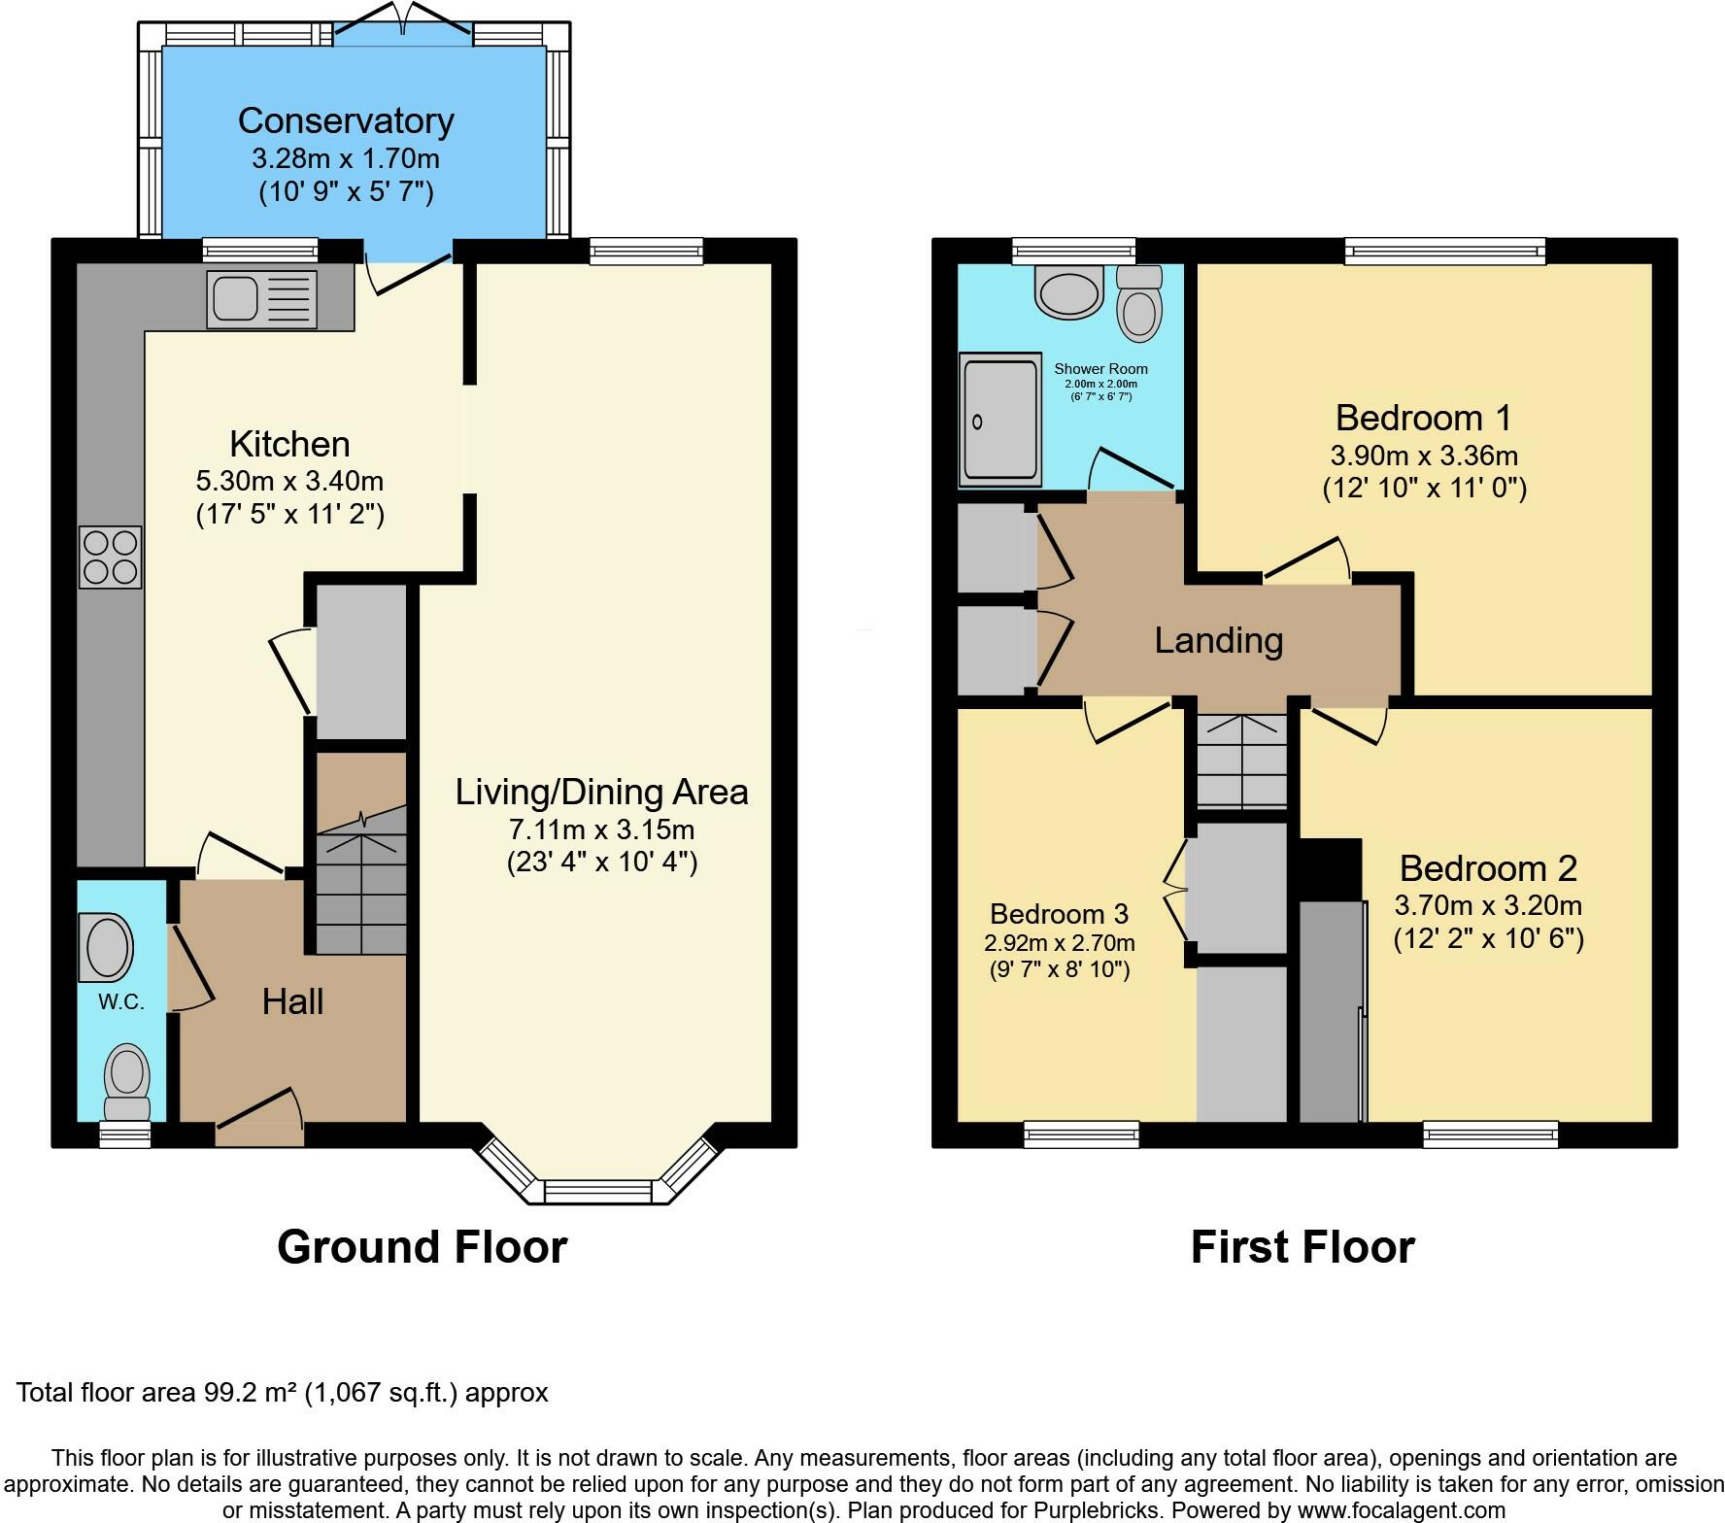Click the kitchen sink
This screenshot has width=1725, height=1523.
261,298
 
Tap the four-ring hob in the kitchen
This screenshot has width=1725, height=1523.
111,558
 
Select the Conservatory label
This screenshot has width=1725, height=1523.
346,120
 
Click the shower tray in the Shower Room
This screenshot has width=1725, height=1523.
999,420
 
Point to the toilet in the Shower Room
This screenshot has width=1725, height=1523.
1139,303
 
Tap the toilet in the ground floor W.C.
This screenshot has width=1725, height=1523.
127,1082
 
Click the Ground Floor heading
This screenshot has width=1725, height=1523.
422,1247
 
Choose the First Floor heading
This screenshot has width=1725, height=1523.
1302,1247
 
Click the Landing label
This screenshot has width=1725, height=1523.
1219,640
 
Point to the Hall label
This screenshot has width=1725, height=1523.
292,1001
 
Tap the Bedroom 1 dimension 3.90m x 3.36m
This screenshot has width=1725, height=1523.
1424,456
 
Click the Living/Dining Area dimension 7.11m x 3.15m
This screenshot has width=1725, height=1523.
602,829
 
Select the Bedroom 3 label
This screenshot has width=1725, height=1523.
1059,914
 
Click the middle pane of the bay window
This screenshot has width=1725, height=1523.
599,1191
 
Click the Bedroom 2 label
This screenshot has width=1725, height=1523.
1488,867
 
